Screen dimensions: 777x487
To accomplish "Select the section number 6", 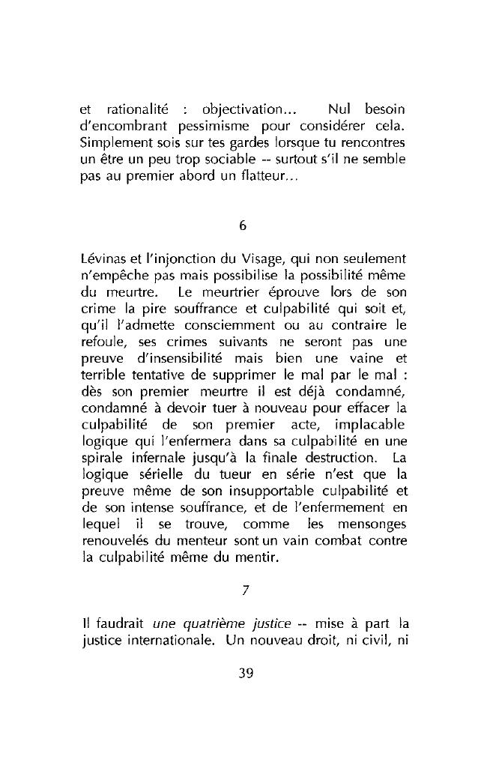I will tap(243, 226).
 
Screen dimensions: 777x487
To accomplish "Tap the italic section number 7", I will tap(244, 590).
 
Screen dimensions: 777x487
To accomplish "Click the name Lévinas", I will tap(103, 259).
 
